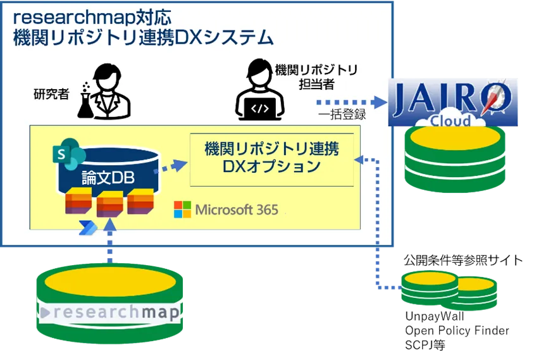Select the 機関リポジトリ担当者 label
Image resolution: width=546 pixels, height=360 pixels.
[316, 76]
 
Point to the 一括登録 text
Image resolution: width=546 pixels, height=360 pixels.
[342, 116]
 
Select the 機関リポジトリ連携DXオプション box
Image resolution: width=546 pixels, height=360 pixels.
[271, 158]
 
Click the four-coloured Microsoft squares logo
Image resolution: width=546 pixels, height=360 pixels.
[182, 209]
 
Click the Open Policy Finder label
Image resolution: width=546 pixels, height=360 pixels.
[456, 331]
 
